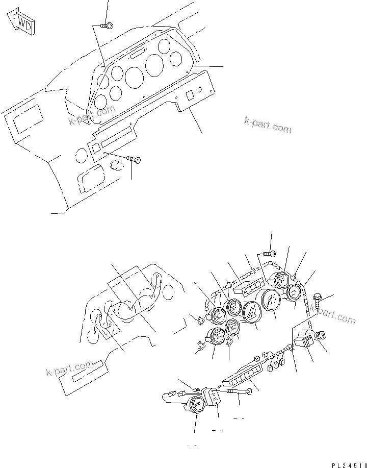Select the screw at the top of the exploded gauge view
(x=270, y=253)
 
